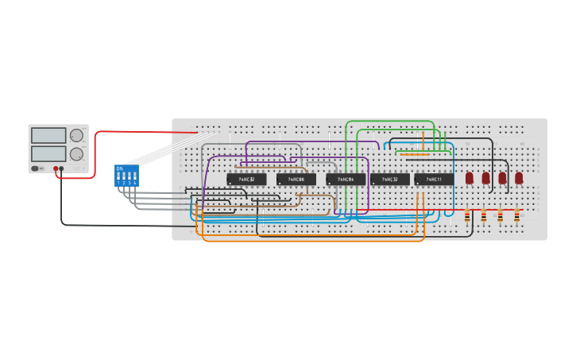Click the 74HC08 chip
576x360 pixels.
point(296,180)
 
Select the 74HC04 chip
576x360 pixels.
point(346,180)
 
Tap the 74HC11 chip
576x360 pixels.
point(434,180)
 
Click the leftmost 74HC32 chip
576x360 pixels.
point(246,180)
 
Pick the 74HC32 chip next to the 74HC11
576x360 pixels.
point(390,180)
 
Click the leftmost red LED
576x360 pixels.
point(470,178)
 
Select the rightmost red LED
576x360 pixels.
point(519,178)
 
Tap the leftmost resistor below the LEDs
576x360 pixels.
point(466,215)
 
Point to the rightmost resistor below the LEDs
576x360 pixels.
point(516,215)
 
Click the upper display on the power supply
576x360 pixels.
point(48,135)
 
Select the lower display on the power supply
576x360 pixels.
point(48,152)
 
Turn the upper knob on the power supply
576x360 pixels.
point(76,135)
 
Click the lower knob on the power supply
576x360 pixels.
point(76,153)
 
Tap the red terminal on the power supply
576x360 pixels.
point(56,168)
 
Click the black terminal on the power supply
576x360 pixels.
point(63,168)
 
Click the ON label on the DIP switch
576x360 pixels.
point(119,168)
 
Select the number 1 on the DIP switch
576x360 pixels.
point(118,184)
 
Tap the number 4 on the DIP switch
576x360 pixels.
point(135,184)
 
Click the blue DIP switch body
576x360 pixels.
point(127,176)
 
